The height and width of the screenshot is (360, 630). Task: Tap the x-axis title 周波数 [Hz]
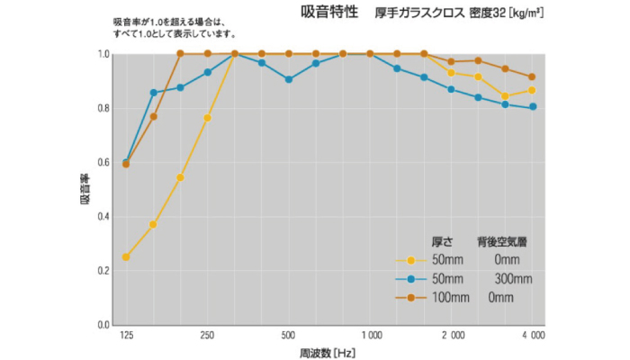coord(328,351)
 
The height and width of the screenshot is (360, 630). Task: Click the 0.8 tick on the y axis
coord(103,109)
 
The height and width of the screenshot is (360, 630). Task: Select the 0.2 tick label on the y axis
coord(103,271)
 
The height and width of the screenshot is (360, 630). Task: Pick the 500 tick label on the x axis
coord(288,335)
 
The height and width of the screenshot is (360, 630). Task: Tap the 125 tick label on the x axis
coord(126,335)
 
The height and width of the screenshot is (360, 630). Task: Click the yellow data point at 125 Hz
coord(126,257)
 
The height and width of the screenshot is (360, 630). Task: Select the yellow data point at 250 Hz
coord(207,118)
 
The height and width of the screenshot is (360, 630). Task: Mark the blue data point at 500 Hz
coord(288,79)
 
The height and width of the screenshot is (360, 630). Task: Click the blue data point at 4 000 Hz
coord(533,107)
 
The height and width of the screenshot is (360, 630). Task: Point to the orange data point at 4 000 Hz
coord(533,77)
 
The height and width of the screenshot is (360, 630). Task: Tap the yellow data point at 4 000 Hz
coord(533,90)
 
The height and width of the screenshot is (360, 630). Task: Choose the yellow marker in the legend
coord(412,260)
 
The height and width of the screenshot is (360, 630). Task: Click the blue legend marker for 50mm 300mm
coord(412,278)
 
